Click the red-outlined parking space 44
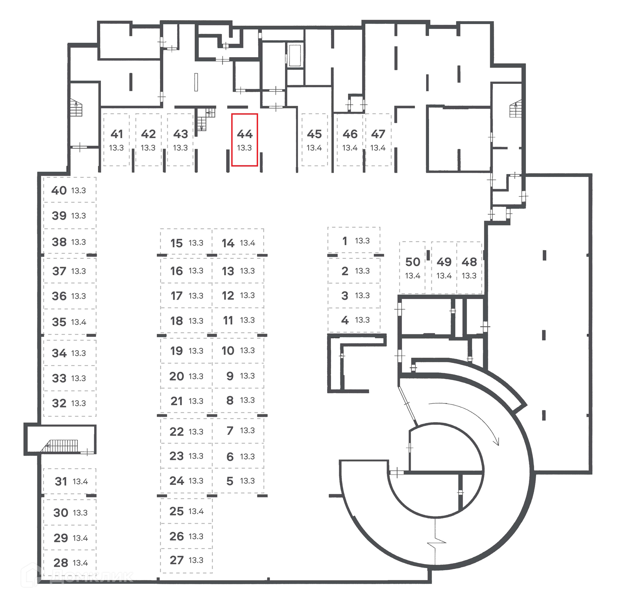tap(245, 140)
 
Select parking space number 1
tap(354, 241)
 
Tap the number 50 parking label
tap(413, 262)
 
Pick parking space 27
tap(186, 560)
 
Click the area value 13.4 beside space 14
tap(247, 243)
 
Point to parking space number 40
tap(69, 190)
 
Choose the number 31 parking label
tap(61, 481)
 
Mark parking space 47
tap(378, 140)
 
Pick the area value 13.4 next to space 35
tap(79, 322)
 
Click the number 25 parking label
tap(176, 511)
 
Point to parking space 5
tap(238, 481)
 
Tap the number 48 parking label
tap(469, 262)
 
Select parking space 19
tap(186, 351)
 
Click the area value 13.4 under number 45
tap(314, 148)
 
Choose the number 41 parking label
tap(117, 134)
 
